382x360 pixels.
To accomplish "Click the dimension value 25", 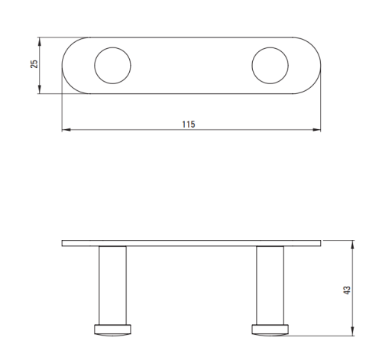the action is (x=34, y=63).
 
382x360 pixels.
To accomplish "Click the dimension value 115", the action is (x=189, y=125).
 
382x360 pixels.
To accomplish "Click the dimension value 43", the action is (x=347, y=290).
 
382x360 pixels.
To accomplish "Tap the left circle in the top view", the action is (x=95, y=66).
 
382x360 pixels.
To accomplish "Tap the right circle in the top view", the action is (x=252, y=66).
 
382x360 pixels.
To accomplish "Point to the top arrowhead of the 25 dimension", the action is (x=39, y=42).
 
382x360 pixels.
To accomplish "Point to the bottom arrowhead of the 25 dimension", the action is (x=39, y=89).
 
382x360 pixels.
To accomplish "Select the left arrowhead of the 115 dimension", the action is (x=66, y=130).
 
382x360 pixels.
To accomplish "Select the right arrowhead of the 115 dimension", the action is (x=316, y=130).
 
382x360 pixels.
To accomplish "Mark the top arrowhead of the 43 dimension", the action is (x=352, y=245).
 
